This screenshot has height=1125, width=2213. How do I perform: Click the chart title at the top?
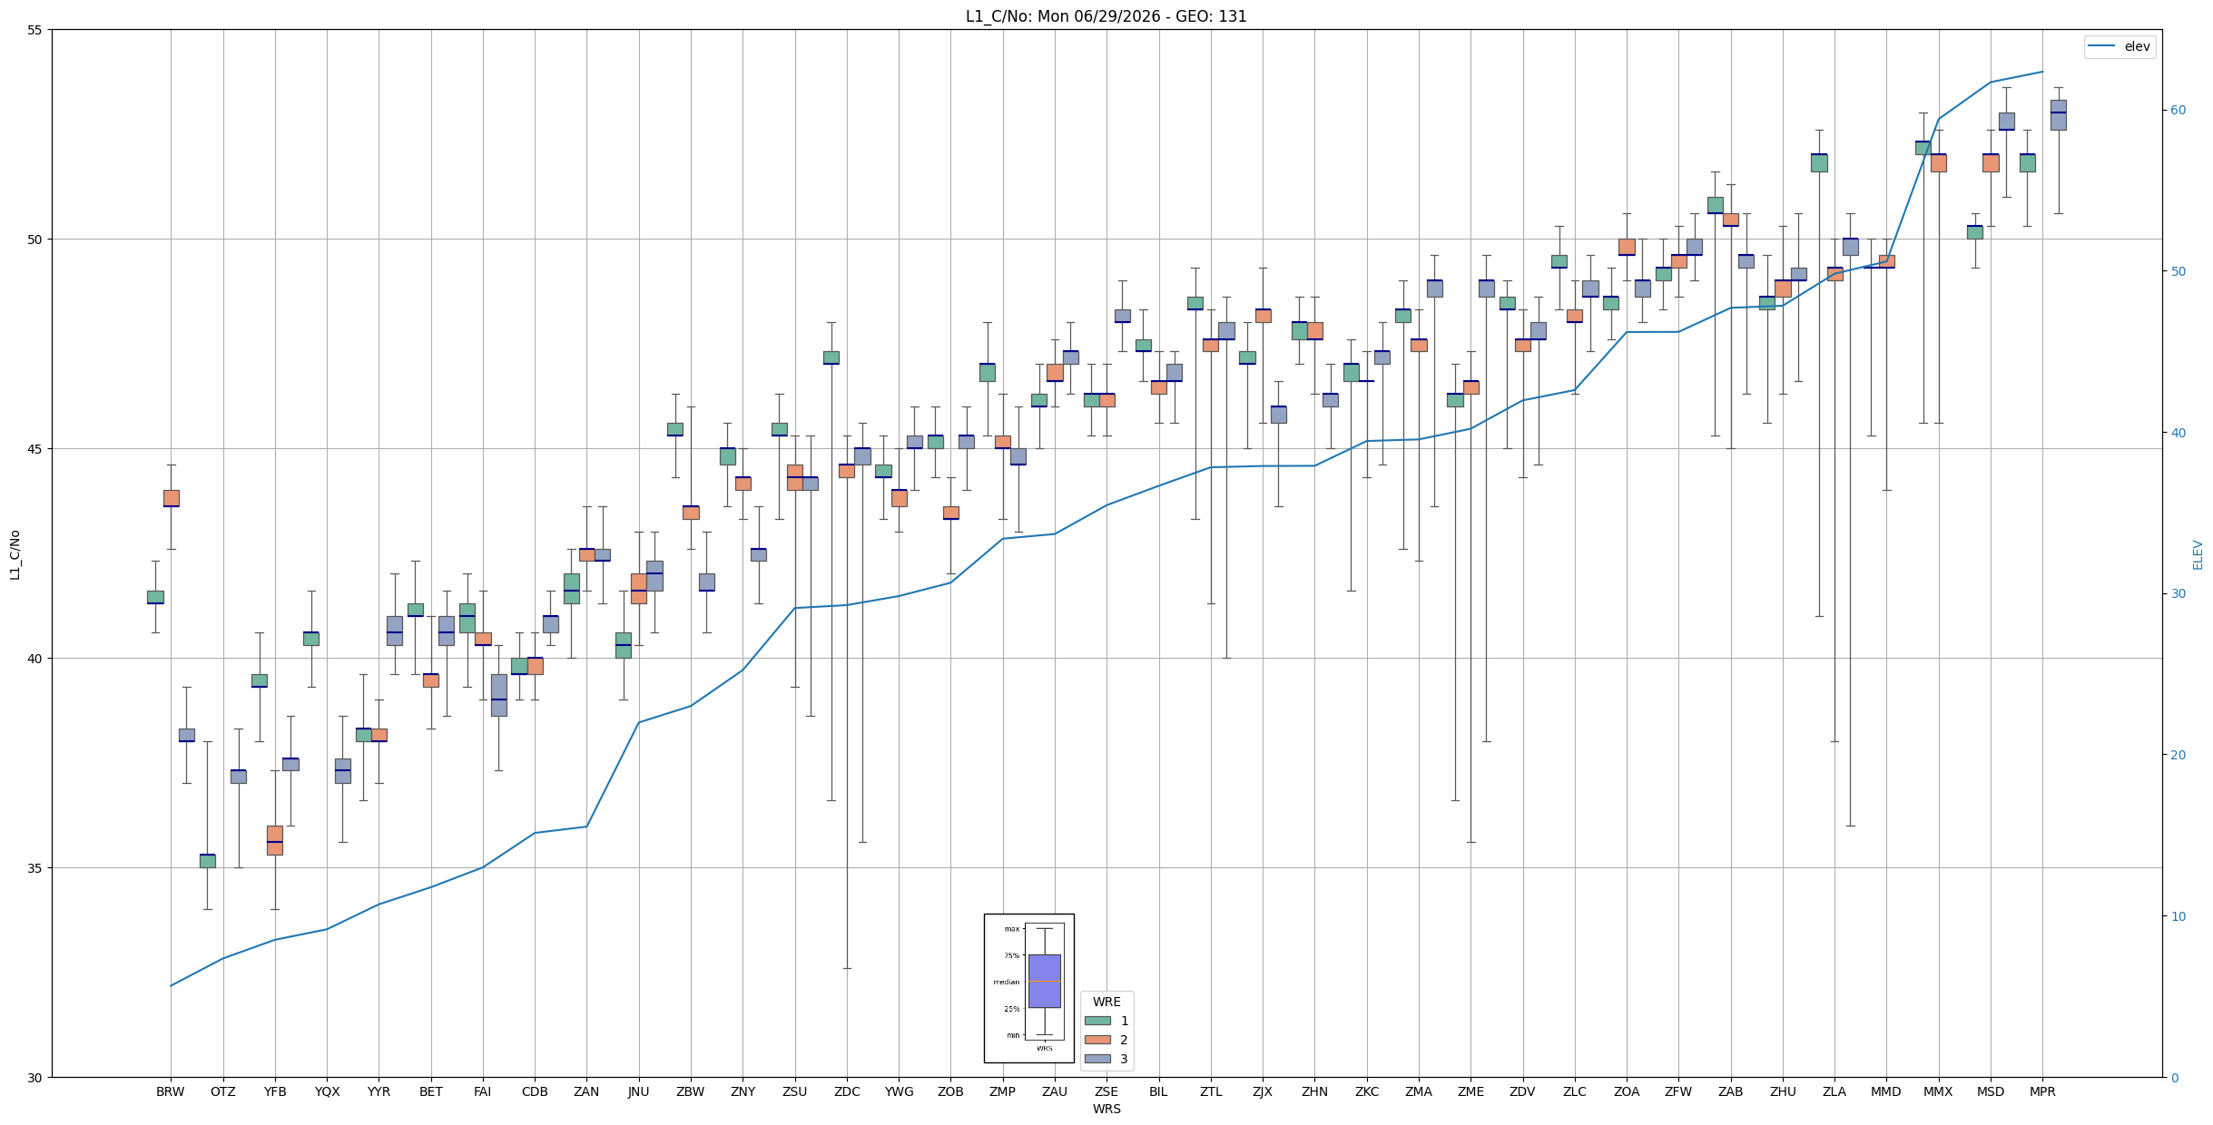click(1106, 16)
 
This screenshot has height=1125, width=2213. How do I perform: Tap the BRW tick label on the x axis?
click(171, 1091)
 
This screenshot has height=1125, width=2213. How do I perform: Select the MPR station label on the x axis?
click(2042, 1091)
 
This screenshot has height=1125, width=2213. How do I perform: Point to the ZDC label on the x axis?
click(847, 1091)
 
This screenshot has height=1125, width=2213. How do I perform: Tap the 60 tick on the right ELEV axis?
click(2179, 111)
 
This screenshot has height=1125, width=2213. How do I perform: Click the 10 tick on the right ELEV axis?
click(2179, 916)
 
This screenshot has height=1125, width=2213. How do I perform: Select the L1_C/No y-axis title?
click(15, 554)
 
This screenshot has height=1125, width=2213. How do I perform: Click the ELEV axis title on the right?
click(2198, 554)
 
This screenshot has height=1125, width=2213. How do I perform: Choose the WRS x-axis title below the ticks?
click(1106, 1109)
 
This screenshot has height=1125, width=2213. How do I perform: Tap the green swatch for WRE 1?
click(1097, 1021)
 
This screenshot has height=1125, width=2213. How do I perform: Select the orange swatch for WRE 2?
click(1097, 1040)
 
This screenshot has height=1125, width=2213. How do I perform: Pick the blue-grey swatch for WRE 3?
click(1097, 1059)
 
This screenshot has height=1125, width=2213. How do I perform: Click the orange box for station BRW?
click(171, 498)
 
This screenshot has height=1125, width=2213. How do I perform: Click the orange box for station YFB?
click(275, 840)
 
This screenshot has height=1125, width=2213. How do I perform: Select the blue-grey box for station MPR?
click(2058, 115)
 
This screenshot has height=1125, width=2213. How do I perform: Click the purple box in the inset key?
click(1044, 981)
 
